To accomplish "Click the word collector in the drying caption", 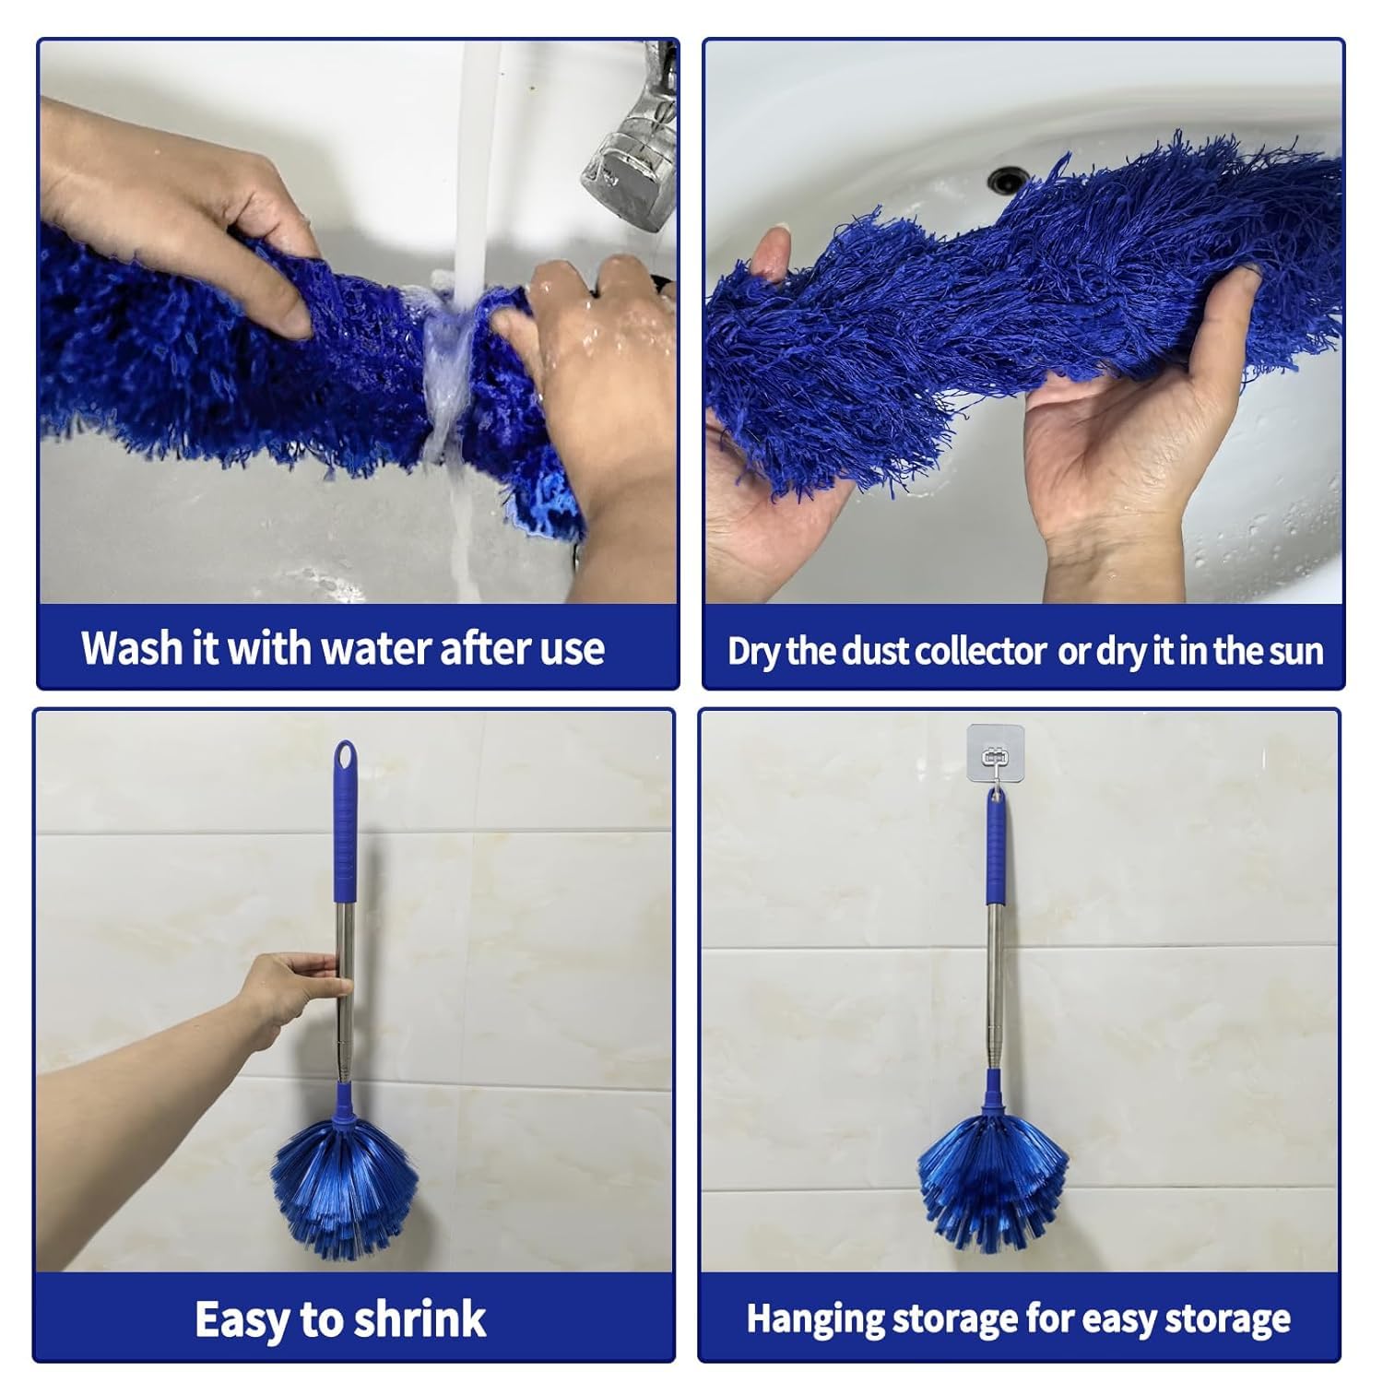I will pyautogui.click(x=981, y=651).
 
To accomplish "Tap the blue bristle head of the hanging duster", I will pyautogui.click(x=993, y=1189).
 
